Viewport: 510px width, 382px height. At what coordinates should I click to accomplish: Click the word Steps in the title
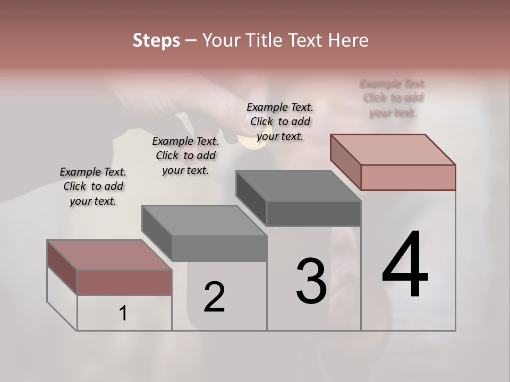pos(156,40)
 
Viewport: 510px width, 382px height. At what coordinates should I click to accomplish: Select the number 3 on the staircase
pos(311,281)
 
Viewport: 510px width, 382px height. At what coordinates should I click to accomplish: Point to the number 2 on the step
pos(214,297)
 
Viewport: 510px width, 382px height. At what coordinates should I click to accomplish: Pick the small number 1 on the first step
pos(123,314)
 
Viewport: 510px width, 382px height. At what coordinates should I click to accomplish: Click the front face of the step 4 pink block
pos(408,177)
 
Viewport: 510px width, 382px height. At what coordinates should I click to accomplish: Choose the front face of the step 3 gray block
pos(313,214)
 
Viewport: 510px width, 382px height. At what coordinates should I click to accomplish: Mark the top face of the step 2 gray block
pos(204,220)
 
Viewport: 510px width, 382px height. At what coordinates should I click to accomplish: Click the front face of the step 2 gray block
pos(219,248)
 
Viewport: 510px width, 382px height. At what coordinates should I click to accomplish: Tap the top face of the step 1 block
pos(109,255)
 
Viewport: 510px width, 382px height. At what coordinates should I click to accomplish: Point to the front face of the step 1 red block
pos(124,282)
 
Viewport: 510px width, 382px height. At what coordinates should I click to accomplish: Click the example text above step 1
pos(93,186)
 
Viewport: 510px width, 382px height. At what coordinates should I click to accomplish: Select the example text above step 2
pos(185,155)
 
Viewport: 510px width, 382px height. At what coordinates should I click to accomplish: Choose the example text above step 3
pos(280,121)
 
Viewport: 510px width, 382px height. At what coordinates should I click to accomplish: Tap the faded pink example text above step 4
pos(393,98)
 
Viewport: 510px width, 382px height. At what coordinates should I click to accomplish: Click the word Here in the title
pos(349,40)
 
